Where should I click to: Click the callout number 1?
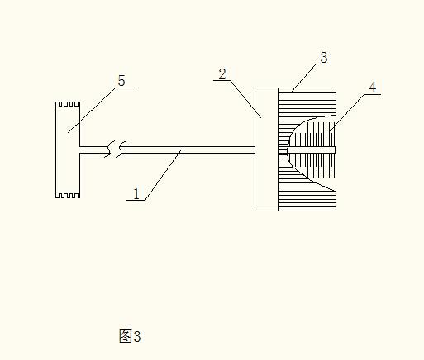[136, 194]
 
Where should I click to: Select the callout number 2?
[222, 73]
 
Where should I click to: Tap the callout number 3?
[324, 58]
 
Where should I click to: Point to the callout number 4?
[373, 88]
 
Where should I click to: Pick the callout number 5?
[121, 81]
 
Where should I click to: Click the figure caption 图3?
[130, 336]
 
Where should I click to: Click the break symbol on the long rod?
[116, 149]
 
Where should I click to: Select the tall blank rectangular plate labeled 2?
[266, 149]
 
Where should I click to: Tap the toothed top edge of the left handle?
[68, 104]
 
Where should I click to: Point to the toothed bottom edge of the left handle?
[68, 196]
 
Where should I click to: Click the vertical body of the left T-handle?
[68, 149]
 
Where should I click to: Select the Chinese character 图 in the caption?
[125, 336]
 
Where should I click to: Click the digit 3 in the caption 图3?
[137, 336]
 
